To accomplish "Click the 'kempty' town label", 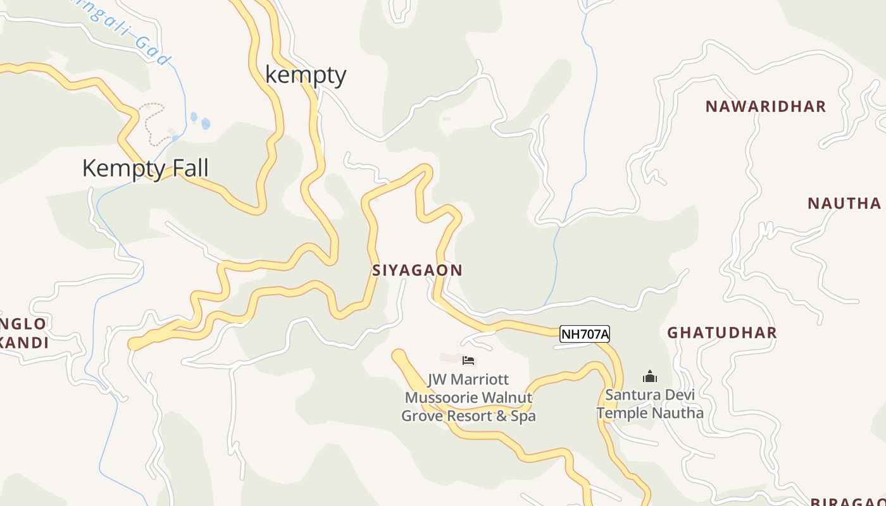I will [306, 75].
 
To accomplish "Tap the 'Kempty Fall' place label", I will [145, 168].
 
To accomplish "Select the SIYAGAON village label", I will [417, 270].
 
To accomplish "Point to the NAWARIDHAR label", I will [766, 106].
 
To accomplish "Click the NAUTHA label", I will [844, 203].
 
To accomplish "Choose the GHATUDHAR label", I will [722, 333].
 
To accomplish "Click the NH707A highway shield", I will [584, 334].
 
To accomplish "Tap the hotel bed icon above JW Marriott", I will [468, 361].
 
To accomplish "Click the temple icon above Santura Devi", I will [649, 377].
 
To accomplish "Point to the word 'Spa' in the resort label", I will [523, 416].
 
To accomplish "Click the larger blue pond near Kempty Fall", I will [205, 123].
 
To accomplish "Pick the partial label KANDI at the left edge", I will [24, 343].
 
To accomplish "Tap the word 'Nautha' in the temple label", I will [678, 413].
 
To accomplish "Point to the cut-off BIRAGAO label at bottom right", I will [848, 502].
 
